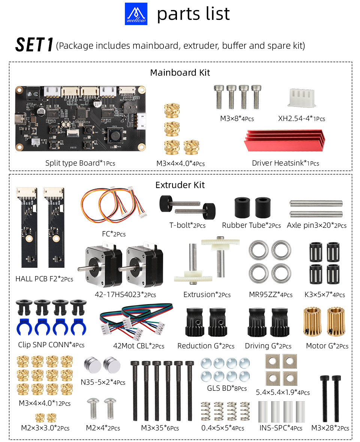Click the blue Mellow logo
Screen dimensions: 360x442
136,14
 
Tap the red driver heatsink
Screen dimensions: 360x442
284,140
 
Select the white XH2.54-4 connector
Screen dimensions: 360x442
301,97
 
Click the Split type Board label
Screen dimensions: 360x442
80,163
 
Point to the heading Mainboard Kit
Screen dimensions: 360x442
180,72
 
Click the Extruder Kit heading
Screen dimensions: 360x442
180,185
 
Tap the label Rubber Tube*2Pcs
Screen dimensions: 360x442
251,225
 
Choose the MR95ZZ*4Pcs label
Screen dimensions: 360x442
271,294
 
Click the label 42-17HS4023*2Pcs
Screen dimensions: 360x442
126,294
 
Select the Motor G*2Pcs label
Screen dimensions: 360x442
327,346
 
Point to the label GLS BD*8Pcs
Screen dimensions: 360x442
227,388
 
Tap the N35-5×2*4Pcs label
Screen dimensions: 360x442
103,382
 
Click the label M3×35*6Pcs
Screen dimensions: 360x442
160,428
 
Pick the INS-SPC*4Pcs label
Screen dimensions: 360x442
281,428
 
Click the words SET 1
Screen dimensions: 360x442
34,45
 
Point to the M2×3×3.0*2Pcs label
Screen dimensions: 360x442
45,428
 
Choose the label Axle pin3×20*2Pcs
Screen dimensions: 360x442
316,225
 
